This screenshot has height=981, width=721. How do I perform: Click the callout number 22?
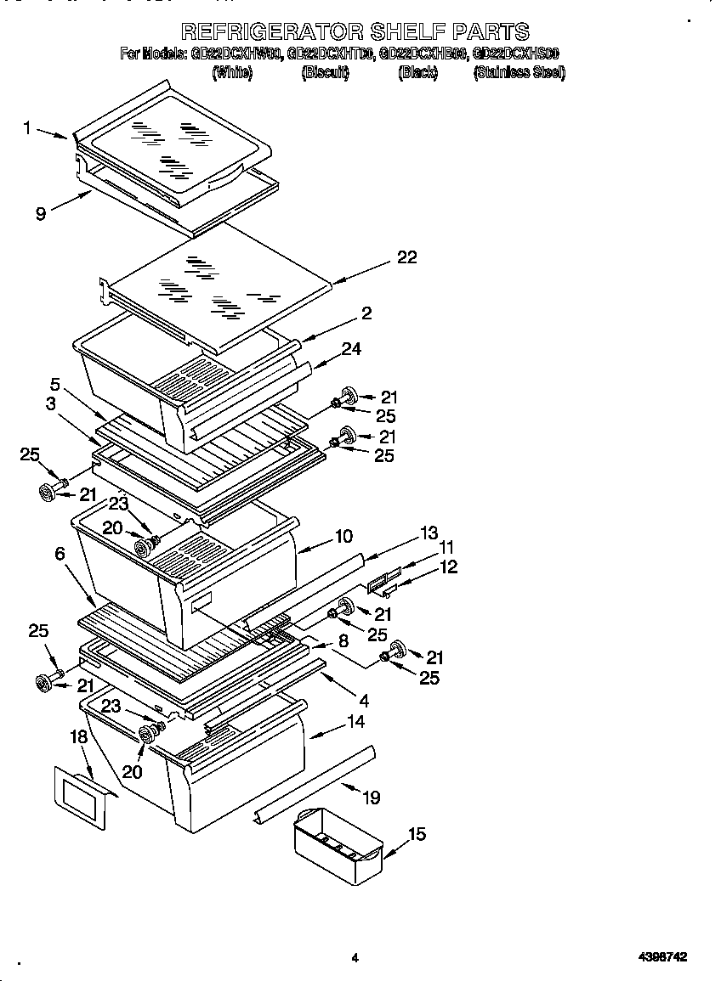407,257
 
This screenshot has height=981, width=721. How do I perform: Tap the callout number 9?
40,214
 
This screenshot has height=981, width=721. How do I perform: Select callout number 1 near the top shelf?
27,128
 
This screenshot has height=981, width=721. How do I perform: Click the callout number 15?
416,834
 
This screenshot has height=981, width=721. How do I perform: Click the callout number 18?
78,736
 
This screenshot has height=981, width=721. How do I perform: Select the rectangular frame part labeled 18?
82,797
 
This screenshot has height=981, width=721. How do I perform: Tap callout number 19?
371,798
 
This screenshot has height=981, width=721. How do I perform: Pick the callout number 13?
429,533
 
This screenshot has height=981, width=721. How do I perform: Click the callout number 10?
343,537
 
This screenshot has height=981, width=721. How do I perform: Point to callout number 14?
355,723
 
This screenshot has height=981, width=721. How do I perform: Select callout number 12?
448,567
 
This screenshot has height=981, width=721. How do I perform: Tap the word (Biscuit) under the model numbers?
325,72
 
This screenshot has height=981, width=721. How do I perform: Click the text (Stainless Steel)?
519,72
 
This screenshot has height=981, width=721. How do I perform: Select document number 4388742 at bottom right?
662,957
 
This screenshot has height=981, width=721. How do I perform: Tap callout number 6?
60,553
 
